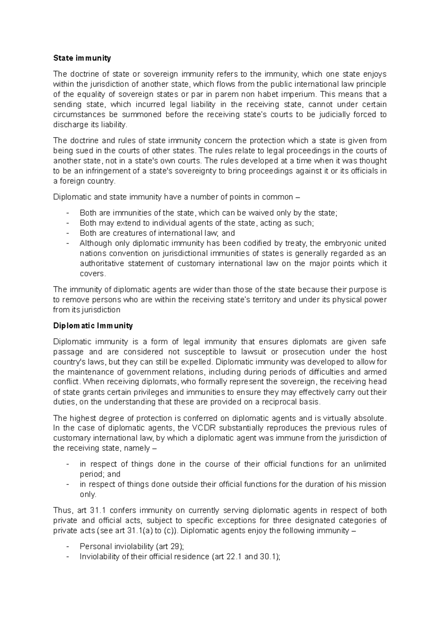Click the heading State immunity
(x=82, y=58)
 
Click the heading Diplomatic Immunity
(x=93, y=326)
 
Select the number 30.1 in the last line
(x=269, y=557)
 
